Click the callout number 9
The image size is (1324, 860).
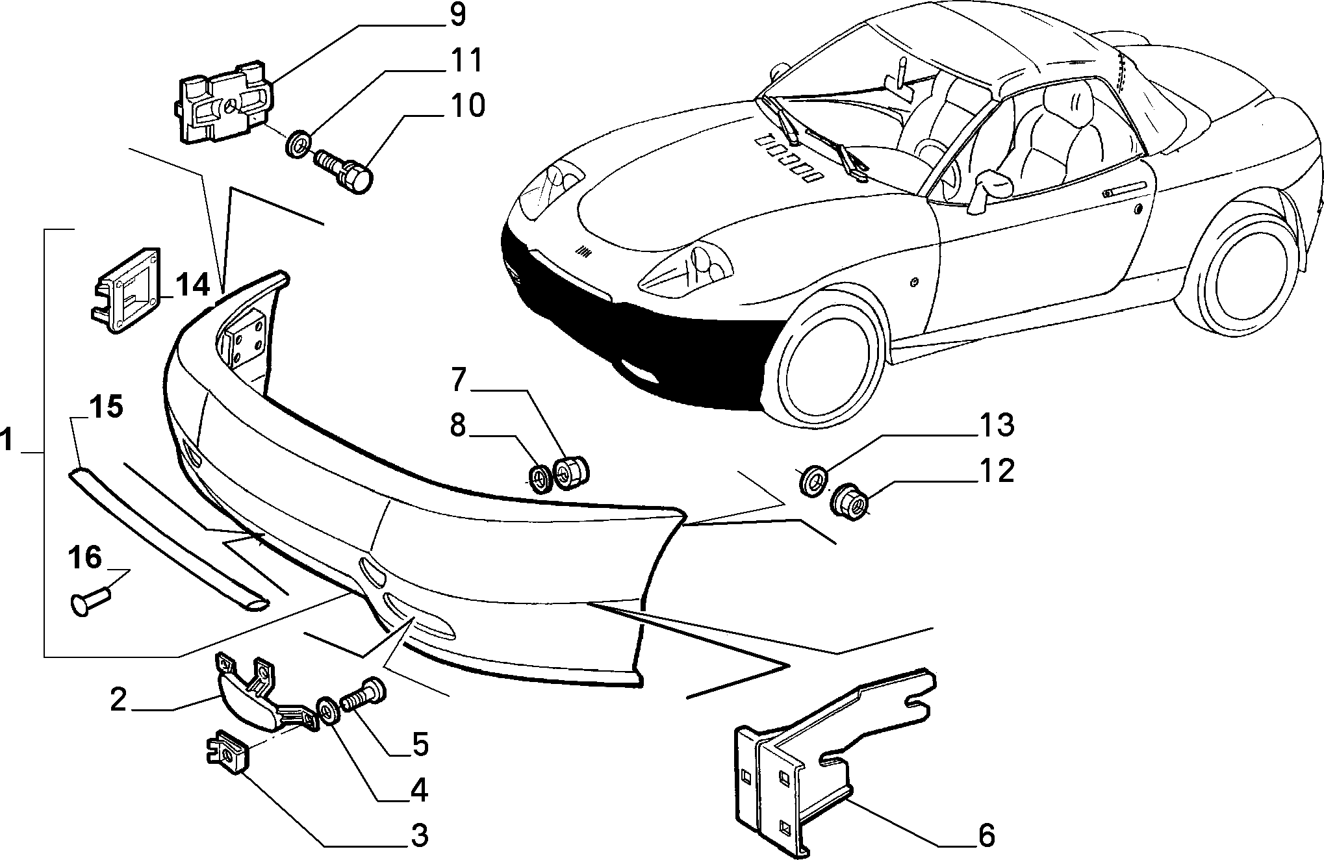pos(457,14)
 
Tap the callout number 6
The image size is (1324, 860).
pos(986,835)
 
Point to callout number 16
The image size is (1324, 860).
pos(85,558)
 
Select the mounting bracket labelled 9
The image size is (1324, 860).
pos(223,101)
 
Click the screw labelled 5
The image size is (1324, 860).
pos(362,697)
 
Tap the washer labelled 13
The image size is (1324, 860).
pos(813,479)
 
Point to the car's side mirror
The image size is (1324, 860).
pos(989,189)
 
